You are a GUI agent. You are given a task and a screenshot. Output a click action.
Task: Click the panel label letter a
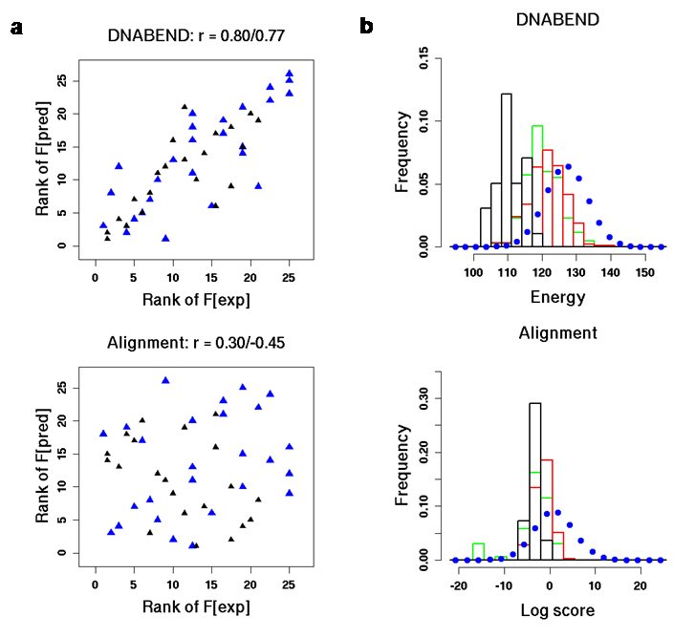coord(15,28)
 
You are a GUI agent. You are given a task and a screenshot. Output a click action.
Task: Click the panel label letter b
coord(365,28)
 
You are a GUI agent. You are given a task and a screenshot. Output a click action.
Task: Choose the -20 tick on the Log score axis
coord(459,585)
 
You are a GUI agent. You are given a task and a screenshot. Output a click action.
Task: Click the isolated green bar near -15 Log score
coord(478,551)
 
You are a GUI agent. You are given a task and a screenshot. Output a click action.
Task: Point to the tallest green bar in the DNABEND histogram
coord(537,186)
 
